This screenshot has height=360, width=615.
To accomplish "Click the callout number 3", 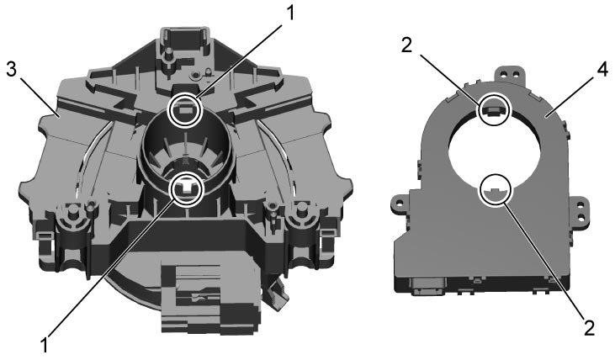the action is (x=12, y=71).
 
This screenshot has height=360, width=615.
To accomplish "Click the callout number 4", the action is (x=602, y=69).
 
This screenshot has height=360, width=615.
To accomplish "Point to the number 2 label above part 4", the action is (x=407, y=45).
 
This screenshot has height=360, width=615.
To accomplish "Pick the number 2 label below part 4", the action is (x=590, y=328).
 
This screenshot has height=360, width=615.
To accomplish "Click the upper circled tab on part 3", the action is (x=185, y=111).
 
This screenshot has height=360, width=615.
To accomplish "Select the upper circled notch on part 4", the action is (x=494, y=109).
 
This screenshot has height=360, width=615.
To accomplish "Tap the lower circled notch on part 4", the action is (x=496, y=190).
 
